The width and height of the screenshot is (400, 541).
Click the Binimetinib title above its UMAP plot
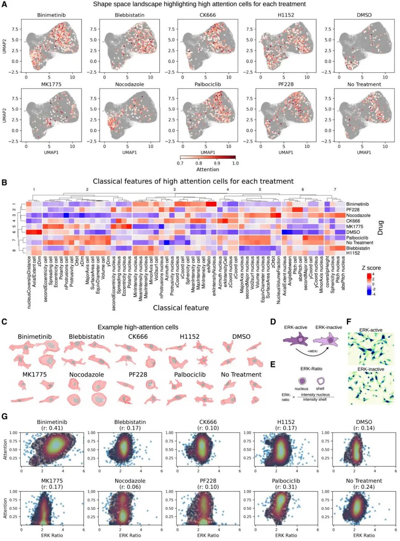[x=51, y=15]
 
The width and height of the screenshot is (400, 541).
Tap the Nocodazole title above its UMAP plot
[x=129, y=84]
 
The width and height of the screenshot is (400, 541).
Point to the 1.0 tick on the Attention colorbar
[x=235, y=163]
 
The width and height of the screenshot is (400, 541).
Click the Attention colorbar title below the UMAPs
[x=207, y=170]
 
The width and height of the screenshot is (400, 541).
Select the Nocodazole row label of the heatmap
[x=358, y=215]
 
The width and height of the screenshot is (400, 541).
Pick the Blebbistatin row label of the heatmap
[x=358, y=248]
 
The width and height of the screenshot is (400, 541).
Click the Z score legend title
[x=371, y=268]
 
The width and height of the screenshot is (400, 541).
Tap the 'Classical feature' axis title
[x=181, y=308]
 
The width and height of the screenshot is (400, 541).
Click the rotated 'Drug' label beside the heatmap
[x=380, y=228]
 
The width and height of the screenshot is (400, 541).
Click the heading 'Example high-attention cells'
[x=138, y=327]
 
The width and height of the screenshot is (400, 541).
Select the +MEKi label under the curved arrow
[x=312, y=351]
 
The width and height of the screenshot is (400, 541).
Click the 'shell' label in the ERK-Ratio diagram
[x=320, y=389]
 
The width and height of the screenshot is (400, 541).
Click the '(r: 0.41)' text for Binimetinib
[x=52, y=428]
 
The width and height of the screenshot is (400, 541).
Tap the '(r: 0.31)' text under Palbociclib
[x=286, y=487]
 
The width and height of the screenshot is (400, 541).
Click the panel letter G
[x=4, y=416]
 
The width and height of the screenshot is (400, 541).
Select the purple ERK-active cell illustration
[x=296, y=339]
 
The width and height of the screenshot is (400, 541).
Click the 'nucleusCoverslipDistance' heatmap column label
[x=29, y=282]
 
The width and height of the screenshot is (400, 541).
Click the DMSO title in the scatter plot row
[x=364, y=422]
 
